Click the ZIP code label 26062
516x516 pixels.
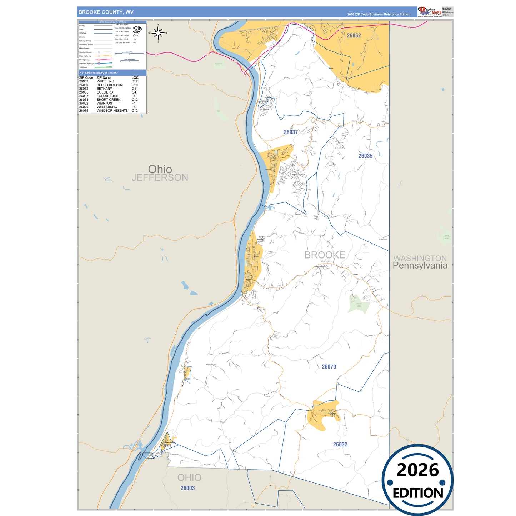coord(354,36)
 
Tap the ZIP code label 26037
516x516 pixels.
coord(291,132)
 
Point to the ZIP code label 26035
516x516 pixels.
coord(365,156)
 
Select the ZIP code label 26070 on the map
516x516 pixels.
coord(329,367)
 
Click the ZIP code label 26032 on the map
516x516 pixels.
coord(340,445)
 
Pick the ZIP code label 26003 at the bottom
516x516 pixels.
coord(187,488)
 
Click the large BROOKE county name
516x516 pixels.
coord(325,255)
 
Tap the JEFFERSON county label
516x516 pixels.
coord(160,177)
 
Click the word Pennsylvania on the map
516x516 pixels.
coord(420,266)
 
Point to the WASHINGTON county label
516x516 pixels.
coord(420,258)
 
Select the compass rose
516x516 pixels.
coord(158,33)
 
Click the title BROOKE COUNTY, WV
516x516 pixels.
coord(106,12)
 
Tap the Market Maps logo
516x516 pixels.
coord(430,12)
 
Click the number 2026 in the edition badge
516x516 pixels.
coord(417,470)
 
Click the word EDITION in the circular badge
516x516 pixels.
coord(418,493)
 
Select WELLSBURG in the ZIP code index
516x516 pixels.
coord(107,107)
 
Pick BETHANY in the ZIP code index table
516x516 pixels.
coord(104,89)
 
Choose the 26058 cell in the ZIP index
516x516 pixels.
coord(84,100)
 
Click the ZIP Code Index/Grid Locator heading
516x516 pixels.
coord(99,73)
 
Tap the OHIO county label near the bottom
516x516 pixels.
coord(189,477)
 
